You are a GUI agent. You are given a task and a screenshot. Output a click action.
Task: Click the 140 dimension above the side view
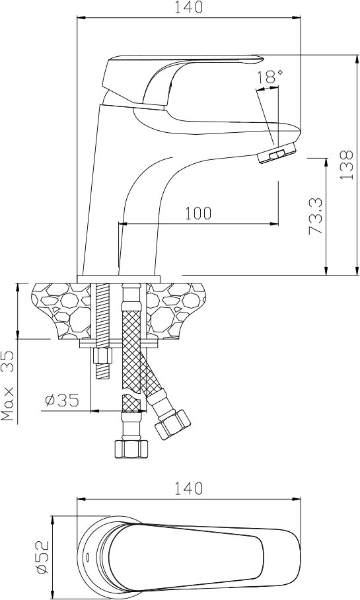(188, 7)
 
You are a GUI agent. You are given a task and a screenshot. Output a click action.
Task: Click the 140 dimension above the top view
(188, 488)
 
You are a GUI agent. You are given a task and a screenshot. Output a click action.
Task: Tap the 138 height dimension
(347, 165)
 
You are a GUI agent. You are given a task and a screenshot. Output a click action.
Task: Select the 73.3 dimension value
(316, 215)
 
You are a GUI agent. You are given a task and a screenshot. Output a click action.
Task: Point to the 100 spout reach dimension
(198, 213)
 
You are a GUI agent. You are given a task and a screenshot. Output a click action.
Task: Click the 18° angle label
(270, 77)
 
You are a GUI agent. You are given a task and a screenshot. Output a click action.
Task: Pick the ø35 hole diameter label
(62, 400)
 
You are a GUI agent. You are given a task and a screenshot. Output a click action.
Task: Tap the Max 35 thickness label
(8, 386)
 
